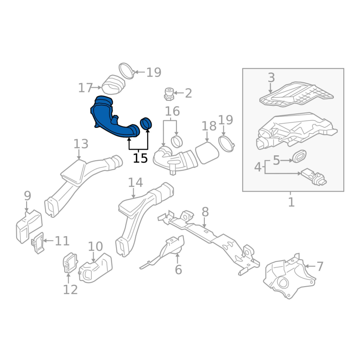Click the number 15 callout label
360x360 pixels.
pyautogui.click(x=140, y=158)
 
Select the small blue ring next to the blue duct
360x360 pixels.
pyautogui.click(x=146, y=123)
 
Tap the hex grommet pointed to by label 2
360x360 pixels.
pyautogui.click(x=169, y=94)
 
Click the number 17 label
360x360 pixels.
pyautogui.click(x=85, y=88)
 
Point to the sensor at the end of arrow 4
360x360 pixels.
pyautogui.click(x=314, y=177)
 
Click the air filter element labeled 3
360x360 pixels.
pyautogui.click(x=296, y=94)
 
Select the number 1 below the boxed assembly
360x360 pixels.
pyautogui.click(x=291, y=202)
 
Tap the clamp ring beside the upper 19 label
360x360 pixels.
pyautogui.click(x=126, y=71)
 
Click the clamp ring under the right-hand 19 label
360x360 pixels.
pyautogui.click(x=227, y=144)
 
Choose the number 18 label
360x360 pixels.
pyautogui.click(x=209, y=126)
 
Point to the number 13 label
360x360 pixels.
pyautogui.click(x=81, y=144)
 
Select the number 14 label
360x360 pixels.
pyautogui.click(x=135, y=183)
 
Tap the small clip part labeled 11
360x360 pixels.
pyautogui.click(x=38, y=243)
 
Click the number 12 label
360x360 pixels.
pyautogui.click(x=70, y=290)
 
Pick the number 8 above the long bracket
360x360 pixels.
pyautogui.click(x=205, y=212)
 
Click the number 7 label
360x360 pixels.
pyautogui.click(x=320, y=266)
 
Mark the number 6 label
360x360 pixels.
pyautogui.click(x=178, y=270)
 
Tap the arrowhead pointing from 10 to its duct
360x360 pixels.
pyautogui.click(x=94, y=260)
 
